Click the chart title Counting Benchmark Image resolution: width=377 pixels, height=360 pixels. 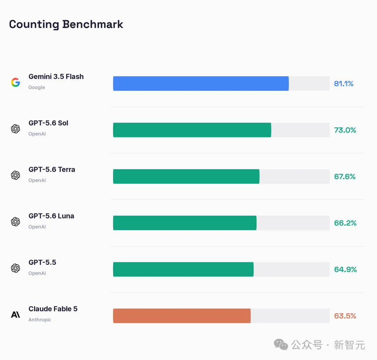(x=66, y=24)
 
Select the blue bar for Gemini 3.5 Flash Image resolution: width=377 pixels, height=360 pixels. (x=201, y=84)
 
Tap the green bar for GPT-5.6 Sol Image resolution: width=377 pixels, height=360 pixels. (x=192, y=130)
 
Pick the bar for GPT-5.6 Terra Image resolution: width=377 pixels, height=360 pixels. (x=186, y=177)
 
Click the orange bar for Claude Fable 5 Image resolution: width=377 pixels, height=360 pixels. (x=182, y=316)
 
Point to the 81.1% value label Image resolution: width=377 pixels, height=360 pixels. (x=343, y=84)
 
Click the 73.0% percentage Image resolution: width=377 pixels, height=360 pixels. (x=345, y=130)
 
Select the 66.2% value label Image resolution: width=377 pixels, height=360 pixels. (x=345, y=223)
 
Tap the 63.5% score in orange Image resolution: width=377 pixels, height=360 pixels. (x=345, y=316)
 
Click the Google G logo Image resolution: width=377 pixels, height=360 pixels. (x=15, y=82)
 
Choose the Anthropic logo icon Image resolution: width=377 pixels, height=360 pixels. (x=15, y=315)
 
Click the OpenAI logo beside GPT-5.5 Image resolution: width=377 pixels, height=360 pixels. (x=15, y=268)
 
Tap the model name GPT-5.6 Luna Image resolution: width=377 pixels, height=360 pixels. (x=51, y=216)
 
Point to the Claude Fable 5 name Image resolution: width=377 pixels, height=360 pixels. (x=53, y=309)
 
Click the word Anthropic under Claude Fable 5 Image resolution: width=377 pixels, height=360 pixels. (x=40, y=320)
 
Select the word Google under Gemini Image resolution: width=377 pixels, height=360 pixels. (x=37, y=87)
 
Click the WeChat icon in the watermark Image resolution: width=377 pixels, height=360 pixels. (x=281, y=344)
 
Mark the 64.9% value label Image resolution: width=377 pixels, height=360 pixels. (x=345, y=269)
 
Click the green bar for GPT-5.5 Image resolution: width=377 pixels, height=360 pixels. (x=183, y=269)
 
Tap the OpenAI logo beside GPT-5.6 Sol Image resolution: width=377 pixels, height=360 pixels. (x=15, y=129)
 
